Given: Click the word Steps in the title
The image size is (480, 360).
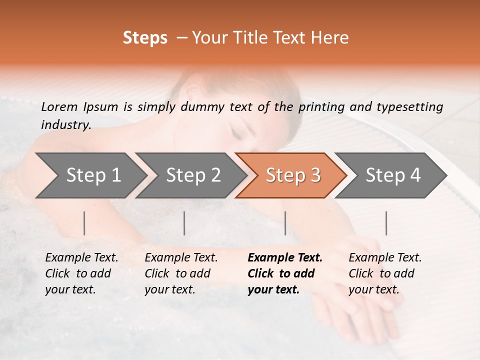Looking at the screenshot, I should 145,38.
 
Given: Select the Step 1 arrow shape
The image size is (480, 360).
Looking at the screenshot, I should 90,175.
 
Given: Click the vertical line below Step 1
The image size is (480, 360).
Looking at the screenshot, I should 84,223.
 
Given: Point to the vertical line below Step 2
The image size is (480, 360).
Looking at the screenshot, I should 184,223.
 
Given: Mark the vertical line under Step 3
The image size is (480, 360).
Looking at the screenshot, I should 285,223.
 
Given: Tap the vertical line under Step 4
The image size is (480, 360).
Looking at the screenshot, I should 386,223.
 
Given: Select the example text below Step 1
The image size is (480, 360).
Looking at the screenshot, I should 81,273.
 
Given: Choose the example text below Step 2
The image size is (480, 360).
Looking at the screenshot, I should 181,273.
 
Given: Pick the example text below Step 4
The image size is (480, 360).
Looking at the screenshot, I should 385,273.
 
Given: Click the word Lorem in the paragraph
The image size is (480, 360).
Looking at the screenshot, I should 59,107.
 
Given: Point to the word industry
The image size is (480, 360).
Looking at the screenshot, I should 66,125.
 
